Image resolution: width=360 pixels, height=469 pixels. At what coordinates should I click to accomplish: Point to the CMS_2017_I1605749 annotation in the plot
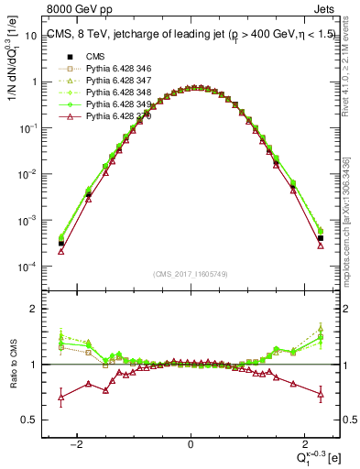coord(191,275)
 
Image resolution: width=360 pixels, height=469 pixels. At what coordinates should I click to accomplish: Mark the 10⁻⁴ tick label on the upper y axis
coord(27,267)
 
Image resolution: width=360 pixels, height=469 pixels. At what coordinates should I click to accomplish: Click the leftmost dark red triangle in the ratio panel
coord(61,398)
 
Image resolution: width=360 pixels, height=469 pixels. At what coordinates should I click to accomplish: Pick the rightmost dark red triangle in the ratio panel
coord(321,394)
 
